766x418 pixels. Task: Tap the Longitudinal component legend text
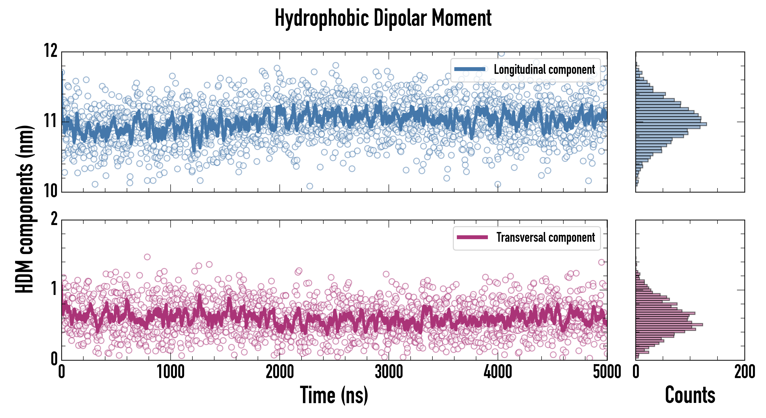[x=544, y=70]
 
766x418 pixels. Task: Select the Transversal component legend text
[x=546, y=237]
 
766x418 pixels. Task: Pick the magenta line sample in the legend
[x=472, y=237]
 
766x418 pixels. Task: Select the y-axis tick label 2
[x=54, y=219]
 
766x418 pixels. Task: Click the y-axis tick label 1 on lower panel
[x=54, y=289]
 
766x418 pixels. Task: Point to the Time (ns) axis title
[x=334, y=395]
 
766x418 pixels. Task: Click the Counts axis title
[x=690, y=395]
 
